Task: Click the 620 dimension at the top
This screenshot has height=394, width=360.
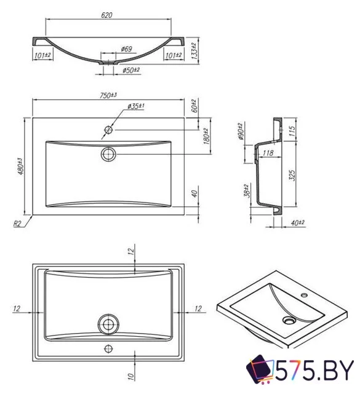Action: (108, 15)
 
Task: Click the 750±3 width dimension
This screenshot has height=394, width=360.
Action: (108, 95)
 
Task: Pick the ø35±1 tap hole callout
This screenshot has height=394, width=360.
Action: (136, 107)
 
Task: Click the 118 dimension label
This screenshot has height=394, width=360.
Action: (268, 153)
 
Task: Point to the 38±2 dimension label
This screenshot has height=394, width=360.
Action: (246, 191)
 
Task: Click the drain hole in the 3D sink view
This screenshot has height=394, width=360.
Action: (289, 321)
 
